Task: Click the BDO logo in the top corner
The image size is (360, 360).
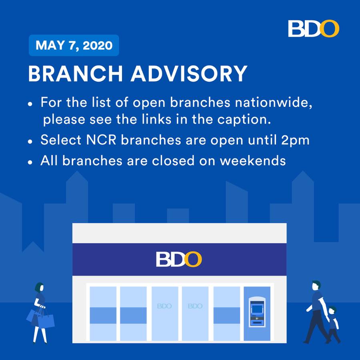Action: (x=314, y=28)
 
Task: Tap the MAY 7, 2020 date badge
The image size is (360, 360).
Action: (x=74, y=45)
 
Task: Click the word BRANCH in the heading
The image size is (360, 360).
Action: (x=75, y=74)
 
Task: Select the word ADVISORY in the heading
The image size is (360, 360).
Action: (x=189, y=74)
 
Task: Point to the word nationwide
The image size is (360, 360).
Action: (x=273, y=102)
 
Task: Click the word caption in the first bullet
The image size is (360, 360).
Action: (x=244, y=120)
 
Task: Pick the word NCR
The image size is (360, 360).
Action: (x=101, y=140)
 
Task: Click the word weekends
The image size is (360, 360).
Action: (x=253, y=160)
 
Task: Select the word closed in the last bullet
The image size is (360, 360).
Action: (x=173, y=160)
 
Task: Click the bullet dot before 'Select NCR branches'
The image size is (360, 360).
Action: (x=30, y=142)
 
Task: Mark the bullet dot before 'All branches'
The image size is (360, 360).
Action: (x=30, y=162)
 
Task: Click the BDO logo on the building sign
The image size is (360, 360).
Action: (x=179, y=260)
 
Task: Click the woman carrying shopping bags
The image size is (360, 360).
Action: (x=40, y=313)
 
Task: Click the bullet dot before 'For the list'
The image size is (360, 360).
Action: (x=30, y=104)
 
